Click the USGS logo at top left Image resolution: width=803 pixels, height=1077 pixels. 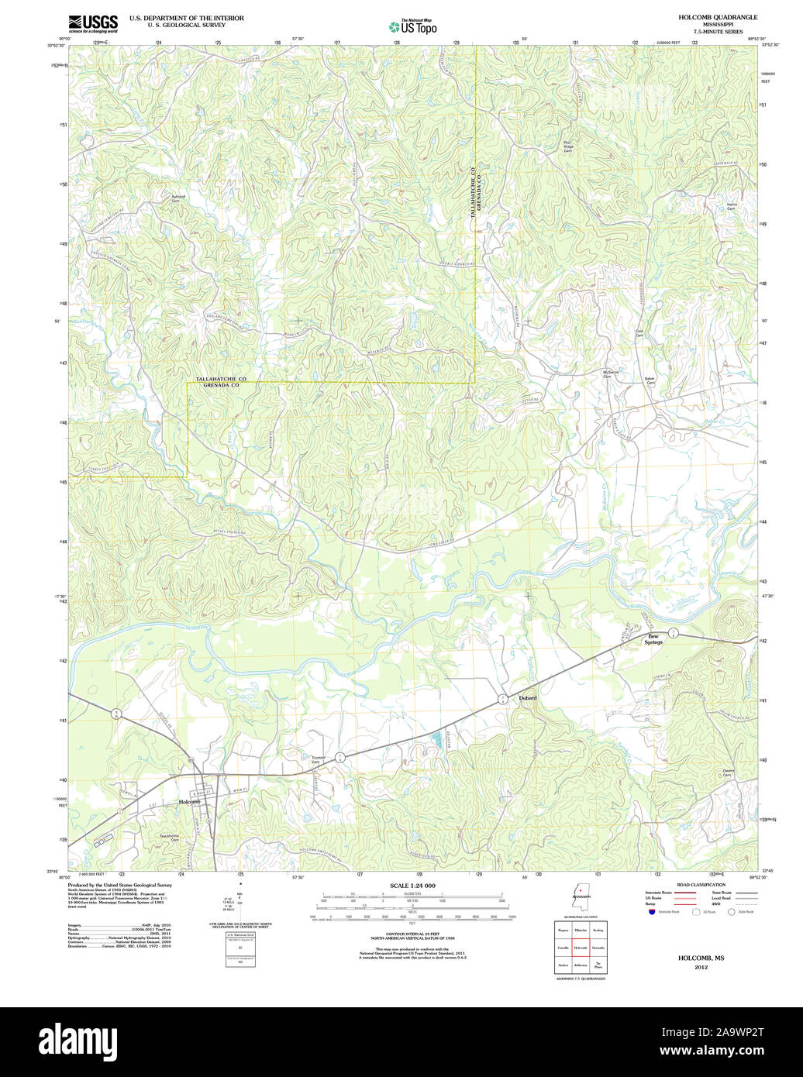click(x=93, y=22)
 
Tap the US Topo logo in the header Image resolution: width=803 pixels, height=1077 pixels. click(x=412, y=26)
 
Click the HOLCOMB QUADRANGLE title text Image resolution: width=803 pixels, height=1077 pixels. click(x=707, y=17)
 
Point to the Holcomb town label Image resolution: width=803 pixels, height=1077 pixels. click(x=189, y=801)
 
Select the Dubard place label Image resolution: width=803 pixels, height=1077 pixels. click(x=527, y=698)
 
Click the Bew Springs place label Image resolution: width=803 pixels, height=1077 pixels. click(x=655, y=639)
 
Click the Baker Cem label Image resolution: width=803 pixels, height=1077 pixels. click(x=650, y=381)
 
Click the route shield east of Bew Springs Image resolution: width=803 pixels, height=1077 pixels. click(x=674, y=633)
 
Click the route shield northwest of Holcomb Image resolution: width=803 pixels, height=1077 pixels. click(x=116, y=714)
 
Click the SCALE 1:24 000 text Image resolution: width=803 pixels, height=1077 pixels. click(x=412, y=886)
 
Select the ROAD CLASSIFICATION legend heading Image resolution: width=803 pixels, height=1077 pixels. click(x=701, y=885)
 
